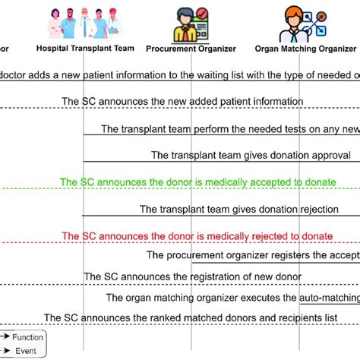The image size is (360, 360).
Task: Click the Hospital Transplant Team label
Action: [87, 49]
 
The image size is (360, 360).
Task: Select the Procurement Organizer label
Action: [191, 49]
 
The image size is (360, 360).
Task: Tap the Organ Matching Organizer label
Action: [305, 49]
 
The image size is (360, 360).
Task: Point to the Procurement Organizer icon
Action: [188, 24]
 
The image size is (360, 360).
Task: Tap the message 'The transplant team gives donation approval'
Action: [251, 155]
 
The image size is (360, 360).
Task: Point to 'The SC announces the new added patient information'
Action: [199, 101]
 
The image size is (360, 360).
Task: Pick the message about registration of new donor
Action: [192, 276]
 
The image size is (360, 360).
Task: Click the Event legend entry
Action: [24, 351]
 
